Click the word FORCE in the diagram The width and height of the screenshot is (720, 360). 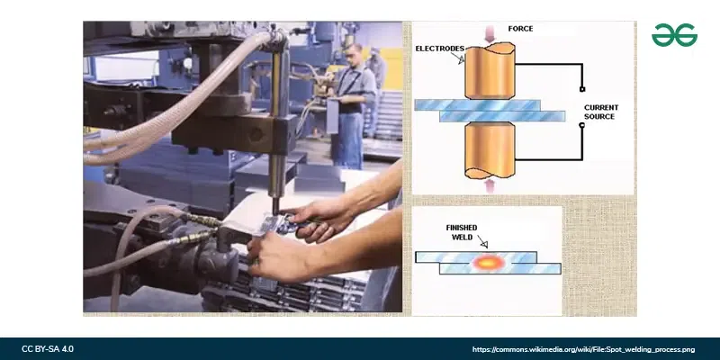[x=520, y=29]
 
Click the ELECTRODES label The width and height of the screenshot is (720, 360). [x=439, y=49]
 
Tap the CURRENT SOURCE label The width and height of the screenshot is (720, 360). [x=601, y=112]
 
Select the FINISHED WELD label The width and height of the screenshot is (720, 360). [x=462, y=232]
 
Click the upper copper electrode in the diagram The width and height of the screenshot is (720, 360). [x=490, y=71]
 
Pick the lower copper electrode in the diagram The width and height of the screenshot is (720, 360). [x=490, y=150]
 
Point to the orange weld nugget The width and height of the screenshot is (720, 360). [x=488, y=263]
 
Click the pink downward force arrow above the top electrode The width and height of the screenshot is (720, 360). [x=490, y=33]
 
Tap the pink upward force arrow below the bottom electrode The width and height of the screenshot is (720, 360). [x=490, y=186]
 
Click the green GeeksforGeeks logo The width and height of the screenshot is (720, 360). [x=674, y=35]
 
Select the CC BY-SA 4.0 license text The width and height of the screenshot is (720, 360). [x=48, y=349]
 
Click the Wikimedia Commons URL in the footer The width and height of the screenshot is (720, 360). [x=583, y=350]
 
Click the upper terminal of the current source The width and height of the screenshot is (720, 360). [x=582, y=89]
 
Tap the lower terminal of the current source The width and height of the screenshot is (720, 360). [x=582, y=125]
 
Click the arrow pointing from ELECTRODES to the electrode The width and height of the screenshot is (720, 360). [x=458, y=58]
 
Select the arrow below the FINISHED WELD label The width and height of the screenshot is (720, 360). [x=482, y=241]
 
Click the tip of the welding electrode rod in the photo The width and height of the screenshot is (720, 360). [x=275, y=211]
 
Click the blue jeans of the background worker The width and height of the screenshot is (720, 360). [x=348, y=139]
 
